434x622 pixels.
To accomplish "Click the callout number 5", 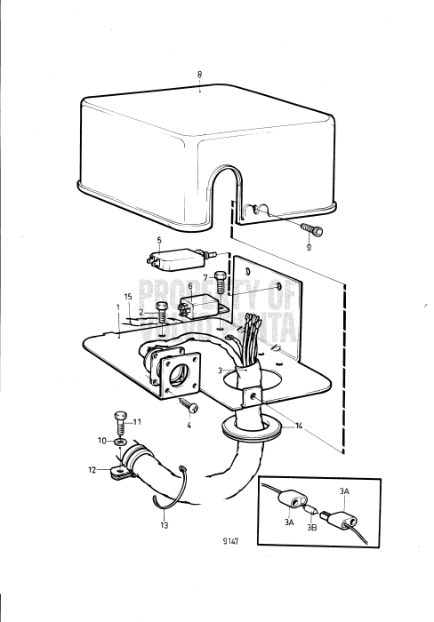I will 159,240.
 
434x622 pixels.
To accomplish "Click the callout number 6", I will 189,286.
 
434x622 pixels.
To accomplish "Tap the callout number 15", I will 128,296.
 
